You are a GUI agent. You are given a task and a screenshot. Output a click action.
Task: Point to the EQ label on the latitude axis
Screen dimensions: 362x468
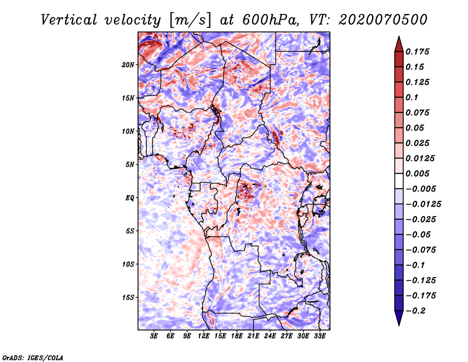pos(130,198)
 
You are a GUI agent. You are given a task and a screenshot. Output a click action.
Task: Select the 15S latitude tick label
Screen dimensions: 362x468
pos(129,298)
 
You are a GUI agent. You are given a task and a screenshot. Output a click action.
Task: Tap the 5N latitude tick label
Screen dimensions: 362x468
pos(130,165)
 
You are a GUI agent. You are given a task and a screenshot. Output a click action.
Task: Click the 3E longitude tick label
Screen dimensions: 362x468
pos(154,337)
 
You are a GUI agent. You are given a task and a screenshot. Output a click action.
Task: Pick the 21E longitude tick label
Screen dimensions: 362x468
pos(254,337)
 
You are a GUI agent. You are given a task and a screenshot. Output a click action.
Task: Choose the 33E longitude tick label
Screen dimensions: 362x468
pos(320,337)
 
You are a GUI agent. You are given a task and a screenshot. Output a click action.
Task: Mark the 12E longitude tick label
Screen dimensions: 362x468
pos(204,337)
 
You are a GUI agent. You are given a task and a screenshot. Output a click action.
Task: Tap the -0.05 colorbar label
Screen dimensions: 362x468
pos(419,234)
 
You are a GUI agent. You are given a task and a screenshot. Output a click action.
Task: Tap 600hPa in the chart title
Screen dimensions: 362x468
pos(267,20)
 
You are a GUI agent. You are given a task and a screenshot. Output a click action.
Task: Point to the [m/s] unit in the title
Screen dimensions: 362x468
pos(183,20)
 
